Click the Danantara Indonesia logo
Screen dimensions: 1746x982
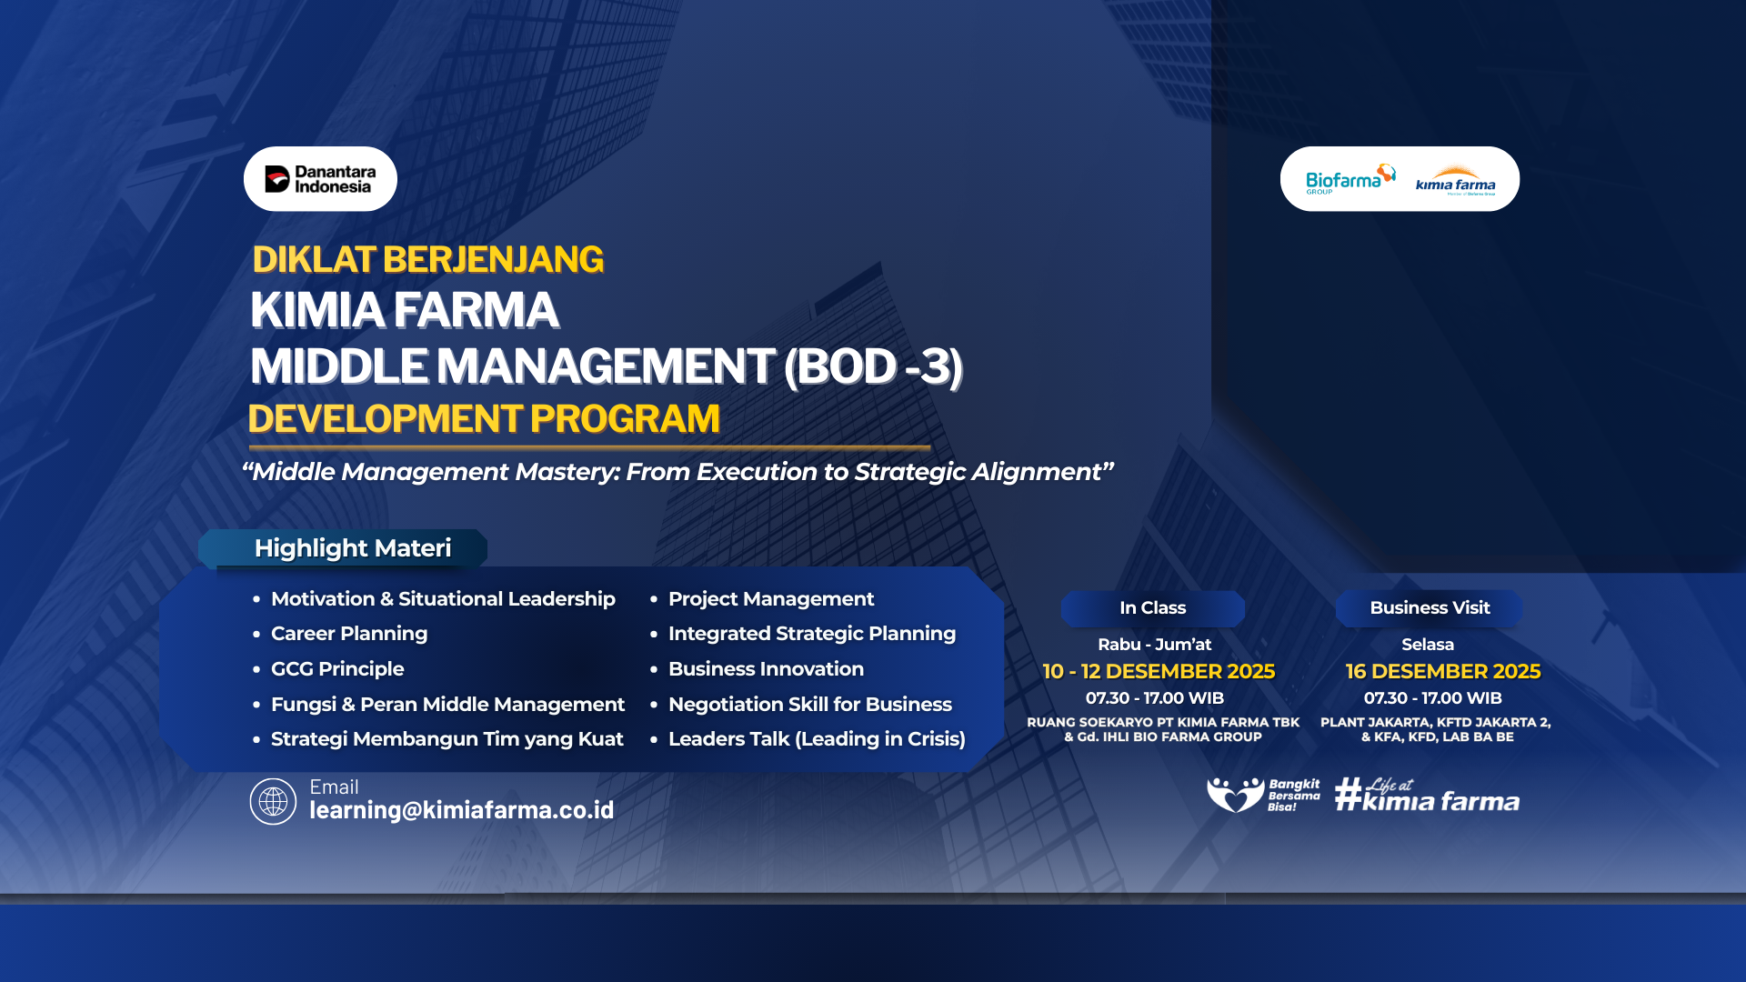320,179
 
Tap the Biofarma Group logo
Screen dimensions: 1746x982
1350,179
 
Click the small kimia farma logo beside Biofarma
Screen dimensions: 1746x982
1455,181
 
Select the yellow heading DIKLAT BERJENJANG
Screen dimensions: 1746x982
427,260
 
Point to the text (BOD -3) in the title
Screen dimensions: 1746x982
873,366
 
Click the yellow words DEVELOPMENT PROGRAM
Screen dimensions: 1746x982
484,419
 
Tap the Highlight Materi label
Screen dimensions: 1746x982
353,548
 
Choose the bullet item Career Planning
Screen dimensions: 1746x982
349,634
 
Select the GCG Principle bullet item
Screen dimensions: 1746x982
337,669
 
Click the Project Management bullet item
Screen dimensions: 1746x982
771,599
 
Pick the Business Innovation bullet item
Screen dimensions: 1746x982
766,669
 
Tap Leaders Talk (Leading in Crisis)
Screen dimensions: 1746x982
817,739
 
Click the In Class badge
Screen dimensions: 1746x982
1152,608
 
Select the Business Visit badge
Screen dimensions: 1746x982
1430,608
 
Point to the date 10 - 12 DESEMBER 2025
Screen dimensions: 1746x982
1159,672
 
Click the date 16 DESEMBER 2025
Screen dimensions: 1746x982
1443,672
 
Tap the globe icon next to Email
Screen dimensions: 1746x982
273,801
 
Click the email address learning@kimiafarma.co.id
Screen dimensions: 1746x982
462,810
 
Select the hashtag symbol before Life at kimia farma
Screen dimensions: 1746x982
1349,794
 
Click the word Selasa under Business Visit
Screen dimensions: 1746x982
1428,645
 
